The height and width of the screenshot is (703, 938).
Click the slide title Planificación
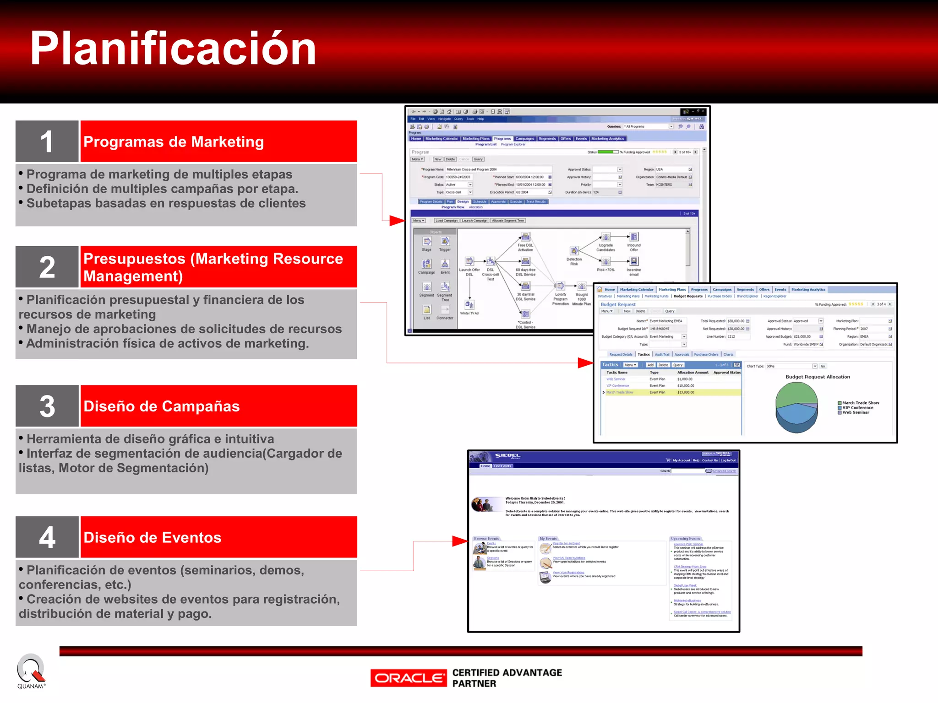tap(173, 49)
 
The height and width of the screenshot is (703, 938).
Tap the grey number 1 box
tap(47, 141)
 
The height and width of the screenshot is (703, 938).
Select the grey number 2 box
tap(47, 267)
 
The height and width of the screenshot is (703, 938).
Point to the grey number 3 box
tap(47, 406)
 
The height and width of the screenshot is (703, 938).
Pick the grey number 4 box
tap(47, 537)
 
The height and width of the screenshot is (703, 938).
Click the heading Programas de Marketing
tap(174, 142)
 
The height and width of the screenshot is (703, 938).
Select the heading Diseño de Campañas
tap(162, 406)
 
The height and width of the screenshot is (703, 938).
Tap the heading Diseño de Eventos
tap(153, 537)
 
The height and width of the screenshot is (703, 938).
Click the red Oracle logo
tap(408, 678)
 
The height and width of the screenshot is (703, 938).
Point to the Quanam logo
tap(31, 671)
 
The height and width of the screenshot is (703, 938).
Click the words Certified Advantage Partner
tap(507, 678)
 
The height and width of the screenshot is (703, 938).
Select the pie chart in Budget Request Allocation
tap(796, 407)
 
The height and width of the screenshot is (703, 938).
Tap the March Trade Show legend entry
tap(860, 403)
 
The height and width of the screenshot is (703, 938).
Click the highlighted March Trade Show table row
tap(671, 392)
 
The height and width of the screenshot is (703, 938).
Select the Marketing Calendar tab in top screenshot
tap(441, 139)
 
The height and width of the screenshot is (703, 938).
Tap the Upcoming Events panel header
tap(686, 539)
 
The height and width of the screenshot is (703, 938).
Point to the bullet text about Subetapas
tap(166, 203)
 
